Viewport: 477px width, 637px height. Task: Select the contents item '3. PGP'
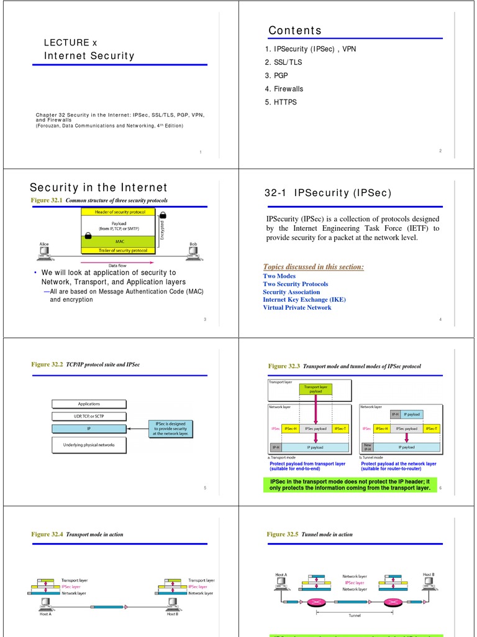(276, 75)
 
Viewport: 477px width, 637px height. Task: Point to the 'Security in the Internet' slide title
(99, 187)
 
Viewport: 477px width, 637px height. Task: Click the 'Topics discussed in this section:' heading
(313, 267)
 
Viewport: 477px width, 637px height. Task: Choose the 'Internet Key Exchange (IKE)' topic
(304, 299)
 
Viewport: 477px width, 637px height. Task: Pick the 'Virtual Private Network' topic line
(297, 307)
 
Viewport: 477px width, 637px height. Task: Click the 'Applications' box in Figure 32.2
(89, 404)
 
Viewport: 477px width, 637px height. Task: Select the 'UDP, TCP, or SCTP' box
(89, 416)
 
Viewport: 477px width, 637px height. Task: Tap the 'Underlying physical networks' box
(89, 445)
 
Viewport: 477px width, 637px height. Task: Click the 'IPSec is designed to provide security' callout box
(170, 428)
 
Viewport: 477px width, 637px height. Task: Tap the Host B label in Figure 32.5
(429, 574)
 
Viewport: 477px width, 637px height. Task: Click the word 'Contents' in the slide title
(295, 30)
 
